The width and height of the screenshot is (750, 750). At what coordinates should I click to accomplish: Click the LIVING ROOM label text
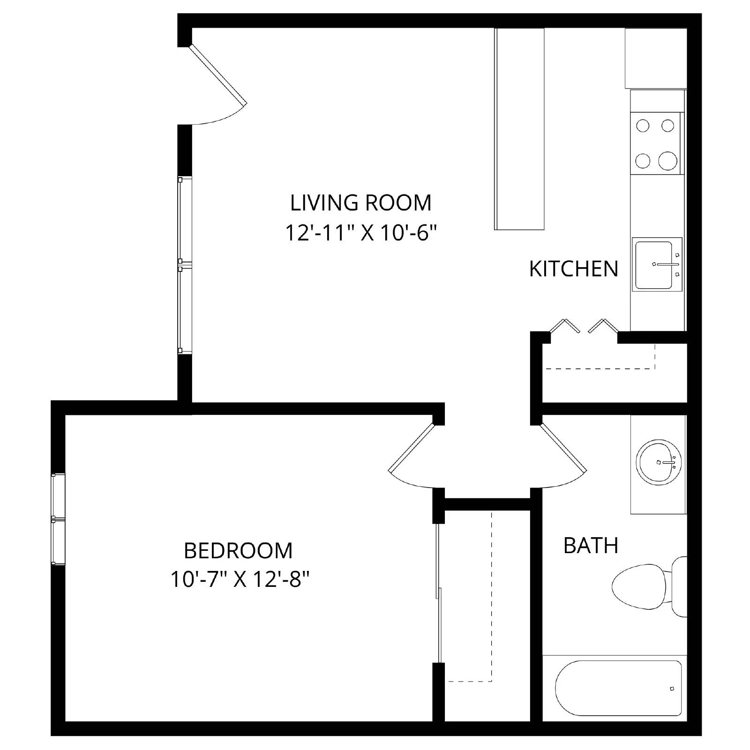(x=360, y=203)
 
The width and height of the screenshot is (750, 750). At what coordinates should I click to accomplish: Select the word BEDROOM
(x=238, y=550)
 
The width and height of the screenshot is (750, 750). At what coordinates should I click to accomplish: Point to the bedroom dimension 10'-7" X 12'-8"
(x=240, y=580)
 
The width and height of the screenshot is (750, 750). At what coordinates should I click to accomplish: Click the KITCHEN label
(x=573, y=269)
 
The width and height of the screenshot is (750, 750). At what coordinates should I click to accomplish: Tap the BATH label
(x=591, y=546)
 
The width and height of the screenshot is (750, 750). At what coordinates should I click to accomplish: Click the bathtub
(x=618, y=688)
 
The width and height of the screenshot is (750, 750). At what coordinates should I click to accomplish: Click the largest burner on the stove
(x=668, y=161)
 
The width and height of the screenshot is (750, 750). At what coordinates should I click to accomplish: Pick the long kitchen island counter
(x=519, y=129)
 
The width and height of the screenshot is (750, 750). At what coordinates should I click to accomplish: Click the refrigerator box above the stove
(x=655, y=58)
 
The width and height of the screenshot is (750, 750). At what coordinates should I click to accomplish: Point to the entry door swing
(x=218, y=75)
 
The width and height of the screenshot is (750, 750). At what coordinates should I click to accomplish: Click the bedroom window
(x=58, y=519)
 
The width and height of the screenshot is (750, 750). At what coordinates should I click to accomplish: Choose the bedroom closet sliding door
(x=439, y=593)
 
